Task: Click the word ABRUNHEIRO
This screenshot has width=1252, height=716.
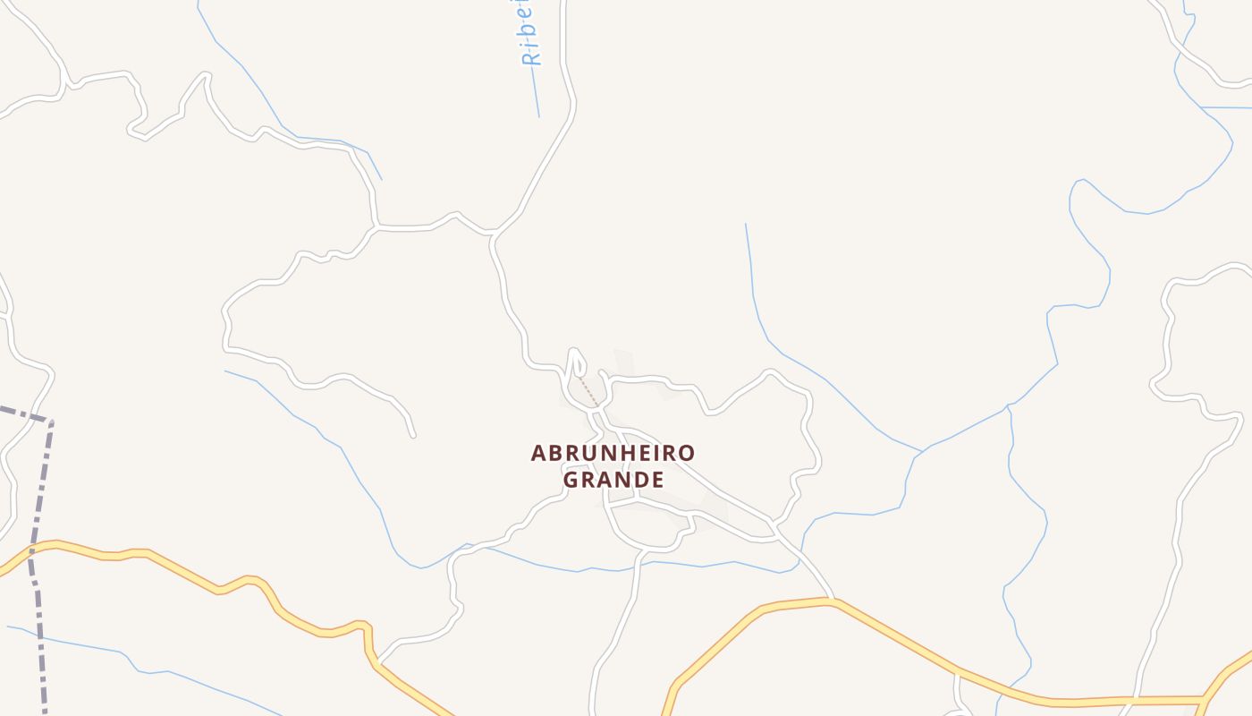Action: pos(613,453)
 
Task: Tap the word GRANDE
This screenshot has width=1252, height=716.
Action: pos(613,480)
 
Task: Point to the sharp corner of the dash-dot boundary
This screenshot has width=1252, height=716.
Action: pos(50,421)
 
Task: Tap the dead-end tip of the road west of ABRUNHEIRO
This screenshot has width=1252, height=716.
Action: pos(413,436)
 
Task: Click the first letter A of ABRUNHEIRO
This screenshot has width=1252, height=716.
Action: pos(538,453)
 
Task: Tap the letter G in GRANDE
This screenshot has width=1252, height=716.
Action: pos(571,480)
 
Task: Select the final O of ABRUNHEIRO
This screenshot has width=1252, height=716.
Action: pos(686,453)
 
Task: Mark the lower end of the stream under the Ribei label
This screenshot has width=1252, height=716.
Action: pos(538,115)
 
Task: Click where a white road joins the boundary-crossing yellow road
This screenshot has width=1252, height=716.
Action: pos(377,661)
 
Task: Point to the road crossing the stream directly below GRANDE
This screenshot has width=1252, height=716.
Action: pos(639,565)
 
